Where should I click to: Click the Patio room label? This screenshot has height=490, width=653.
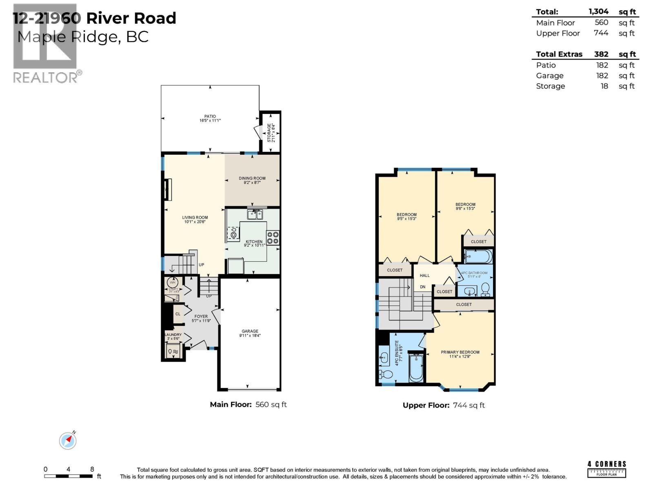point(210,116)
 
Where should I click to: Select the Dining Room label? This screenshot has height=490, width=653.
point(252,178)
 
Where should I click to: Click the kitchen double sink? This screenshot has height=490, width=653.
point(255,214)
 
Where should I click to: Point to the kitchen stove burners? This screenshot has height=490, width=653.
point(273,238)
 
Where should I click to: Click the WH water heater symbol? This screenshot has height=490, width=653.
point(173,282)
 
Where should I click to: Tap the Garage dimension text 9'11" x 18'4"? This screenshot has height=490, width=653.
point(250,336)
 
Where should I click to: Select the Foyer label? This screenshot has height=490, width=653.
point(201,316)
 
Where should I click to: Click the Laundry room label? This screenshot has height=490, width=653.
point(173,335)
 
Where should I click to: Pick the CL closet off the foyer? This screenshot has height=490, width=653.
point(178,314)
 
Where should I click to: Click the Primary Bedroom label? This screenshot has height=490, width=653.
point(460,352)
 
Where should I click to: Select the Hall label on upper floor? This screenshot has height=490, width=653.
point(424,276)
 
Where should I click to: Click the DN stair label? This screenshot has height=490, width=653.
point(422,287)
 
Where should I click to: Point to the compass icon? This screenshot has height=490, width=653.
point(68,441)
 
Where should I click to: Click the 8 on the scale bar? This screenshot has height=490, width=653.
point(92,470)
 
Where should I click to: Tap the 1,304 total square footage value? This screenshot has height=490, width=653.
point(598,12)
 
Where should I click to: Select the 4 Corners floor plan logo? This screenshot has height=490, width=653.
point(606,469)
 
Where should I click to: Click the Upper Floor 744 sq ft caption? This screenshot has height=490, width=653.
point(444,405)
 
